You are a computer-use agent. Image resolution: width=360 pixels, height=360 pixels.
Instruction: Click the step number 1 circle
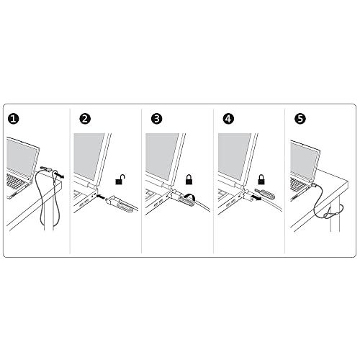(13, 119)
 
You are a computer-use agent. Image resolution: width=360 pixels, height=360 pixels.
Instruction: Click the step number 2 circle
(85, 119)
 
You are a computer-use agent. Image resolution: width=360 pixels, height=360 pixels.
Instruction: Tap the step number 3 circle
(157, 119)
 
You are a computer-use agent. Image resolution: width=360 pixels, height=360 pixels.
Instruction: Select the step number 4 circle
(228, 119)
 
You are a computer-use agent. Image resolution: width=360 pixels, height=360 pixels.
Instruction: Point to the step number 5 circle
(300, 119)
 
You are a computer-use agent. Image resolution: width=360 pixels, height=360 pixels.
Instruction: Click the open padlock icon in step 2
(120, 179)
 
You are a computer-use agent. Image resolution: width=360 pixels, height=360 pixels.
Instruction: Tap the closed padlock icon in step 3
(189, 179)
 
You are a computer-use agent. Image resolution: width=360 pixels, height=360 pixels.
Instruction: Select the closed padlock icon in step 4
(261, 179)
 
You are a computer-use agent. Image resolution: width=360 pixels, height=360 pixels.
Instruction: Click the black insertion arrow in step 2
(102, 197)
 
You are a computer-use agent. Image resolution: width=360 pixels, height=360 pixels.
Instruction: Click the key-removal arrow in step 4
(256, 198)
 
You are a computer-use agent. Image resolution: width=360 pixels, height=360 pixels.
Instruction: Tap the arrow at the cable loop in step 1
(60, 175)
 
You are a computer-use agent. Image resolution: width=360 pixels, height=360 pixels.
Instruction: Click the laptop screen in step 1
(22, 158)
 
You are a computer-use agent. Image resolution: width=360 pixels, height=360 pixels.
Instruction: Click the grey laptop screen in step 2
(89, 156)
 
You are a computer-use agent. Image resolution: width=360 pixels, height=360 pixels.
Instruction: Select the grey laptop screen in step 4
(234, 156)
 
